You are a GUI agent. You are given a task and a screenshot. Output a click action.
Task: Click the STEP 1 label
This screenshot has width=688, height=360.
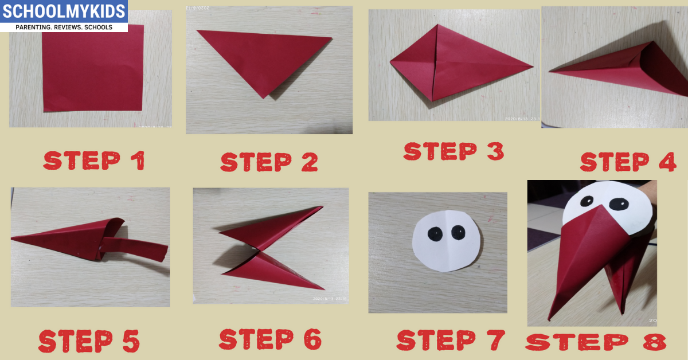[x=94, y=161]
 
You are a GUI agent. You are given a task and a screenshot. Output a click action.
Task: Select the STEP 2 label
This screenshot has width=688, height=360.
[x=269, y=162]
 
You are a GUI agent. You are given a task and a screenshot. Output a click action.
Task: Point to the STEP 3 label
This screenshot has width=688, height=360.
[x=454, y=151]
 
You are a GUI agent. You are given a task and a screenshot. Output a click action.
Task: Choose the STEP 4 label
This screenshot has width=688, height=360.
[x=628, y=162]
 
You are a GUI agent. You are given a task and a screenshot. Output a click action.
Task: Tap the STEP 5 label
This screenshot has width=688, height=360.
[x=89, y=341]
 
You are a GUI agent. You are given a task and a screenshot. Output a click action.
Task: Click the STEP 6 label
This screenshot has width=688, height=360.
[x=270, y=339]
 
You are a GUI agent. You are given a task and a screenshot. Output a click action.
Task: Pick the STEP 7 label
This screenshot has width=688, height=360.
[x=451, y=340]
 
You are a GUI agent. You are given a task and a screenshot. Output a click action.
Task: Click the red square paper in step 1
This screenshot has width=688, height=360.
[x=92, y=68]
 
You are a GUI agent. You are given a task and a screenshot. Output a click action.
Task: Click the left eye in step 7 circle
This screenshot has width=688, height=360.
[x=434, y=233]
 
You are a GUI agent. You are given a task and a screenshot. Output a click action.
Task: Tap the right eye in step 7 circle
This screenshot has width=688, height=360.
[x=458, y=232]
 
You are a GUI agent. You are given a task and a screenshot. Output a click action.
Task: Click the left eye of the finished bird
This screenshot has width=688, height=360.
[x=587, y=201]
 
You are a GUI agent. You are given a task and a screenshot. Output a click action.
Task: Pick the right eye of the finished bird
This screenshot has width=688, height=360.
[x=617, y=204]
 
